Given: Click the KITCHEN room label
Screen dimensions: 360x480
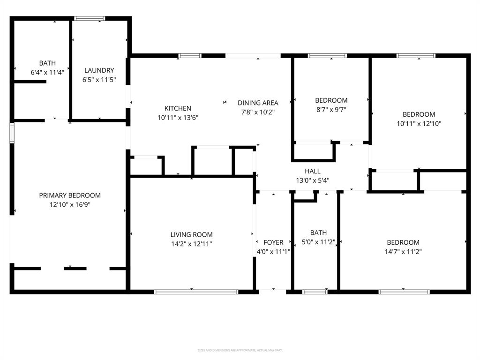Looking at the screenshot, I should click(x=178, y=108).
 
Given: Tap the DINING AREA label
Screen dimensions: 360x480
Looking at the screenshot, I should click(x=258, y=103).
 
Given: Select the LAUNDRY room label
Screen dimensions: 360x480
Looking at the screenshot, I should click(x=99, y=70).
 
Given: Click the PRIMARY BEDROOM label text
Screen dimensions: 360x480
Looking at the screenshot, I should click(x=70, y=195).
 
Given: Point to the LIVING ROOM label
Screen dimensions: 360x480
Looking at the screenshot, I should click(x=191, y=235).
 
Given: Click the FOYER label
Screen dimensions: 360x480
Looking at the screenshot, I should click(x=273, y=242).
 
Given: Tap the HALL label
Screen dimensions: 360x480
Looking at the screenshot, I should click(x=313, y=171).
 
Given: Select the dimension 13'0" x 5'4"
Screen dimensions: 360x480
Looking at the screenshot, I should click(x=313, y=180).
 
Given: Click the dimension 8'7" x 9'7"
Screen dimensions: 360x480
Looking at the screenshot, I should click(x=331, y=110).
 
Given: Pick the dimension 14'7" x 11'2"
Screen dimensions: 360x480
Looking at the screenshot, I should click(x=403, y=252).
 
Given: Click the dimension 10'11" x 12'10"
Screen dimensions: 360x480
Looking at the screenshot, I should click(x=419, y=124).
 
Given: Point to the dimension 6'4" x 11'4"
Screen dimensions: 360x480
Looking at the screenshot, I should click(x=47, y=72).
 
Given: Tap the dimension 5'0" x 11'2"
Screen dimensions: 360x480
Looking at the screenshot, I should click(x=318, y=242).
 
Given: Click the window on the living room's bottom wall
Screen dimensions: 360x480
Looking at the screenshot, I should click(x=196, y=292).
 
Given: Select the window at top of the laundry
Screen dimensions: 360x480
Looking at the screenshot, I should click(x=90, y=19).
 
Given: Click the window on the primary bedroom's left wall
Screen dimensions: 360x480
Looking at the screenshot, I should click(x=12, y=132).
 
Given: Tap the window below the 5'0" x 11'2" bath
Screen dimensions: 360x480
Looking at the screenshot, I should click(x=315, y=292).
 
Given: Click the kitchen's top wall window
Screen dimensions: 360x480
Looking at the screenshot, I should click(x=190, y=56).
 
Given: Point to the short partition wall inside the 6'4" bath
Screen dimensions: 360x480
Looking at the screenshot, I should click(x=30, y=82).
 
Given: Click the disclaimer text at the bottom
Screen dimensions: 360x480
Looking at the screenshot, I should click(x=240, y=350).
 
